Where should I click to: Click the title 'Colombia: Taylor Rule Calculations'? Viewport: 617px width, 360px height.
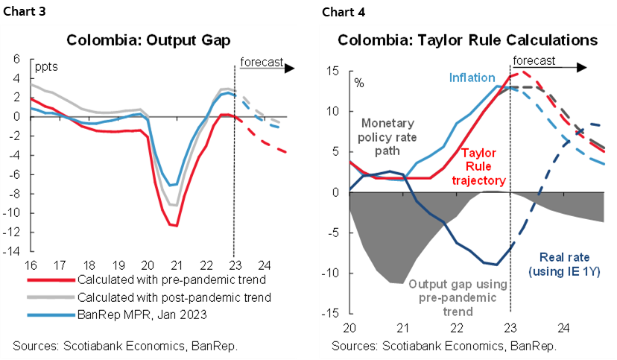point(467,39)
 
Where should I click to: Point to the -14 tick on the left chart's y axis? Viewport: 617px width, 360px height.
point(15,251)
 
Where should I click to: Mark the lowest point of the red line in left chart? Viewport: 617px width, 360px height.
point(176,225)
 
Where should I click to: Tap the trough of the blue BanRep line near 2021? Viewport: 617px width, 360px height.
point(171,185)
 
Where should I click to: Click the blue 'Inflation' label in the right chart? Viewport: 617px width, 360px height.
point(472,78)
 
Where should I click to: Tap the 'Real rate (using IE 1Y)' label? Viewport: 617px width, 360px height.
point(560,265)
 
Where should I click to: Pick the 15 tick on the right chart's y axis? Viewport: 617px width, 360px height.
point(333,71)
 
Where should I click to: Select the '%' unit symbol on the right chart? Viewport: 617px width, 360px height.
point(358,81)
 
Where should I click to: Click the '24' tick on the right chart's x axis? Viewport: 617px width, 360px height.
point(564,327)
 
